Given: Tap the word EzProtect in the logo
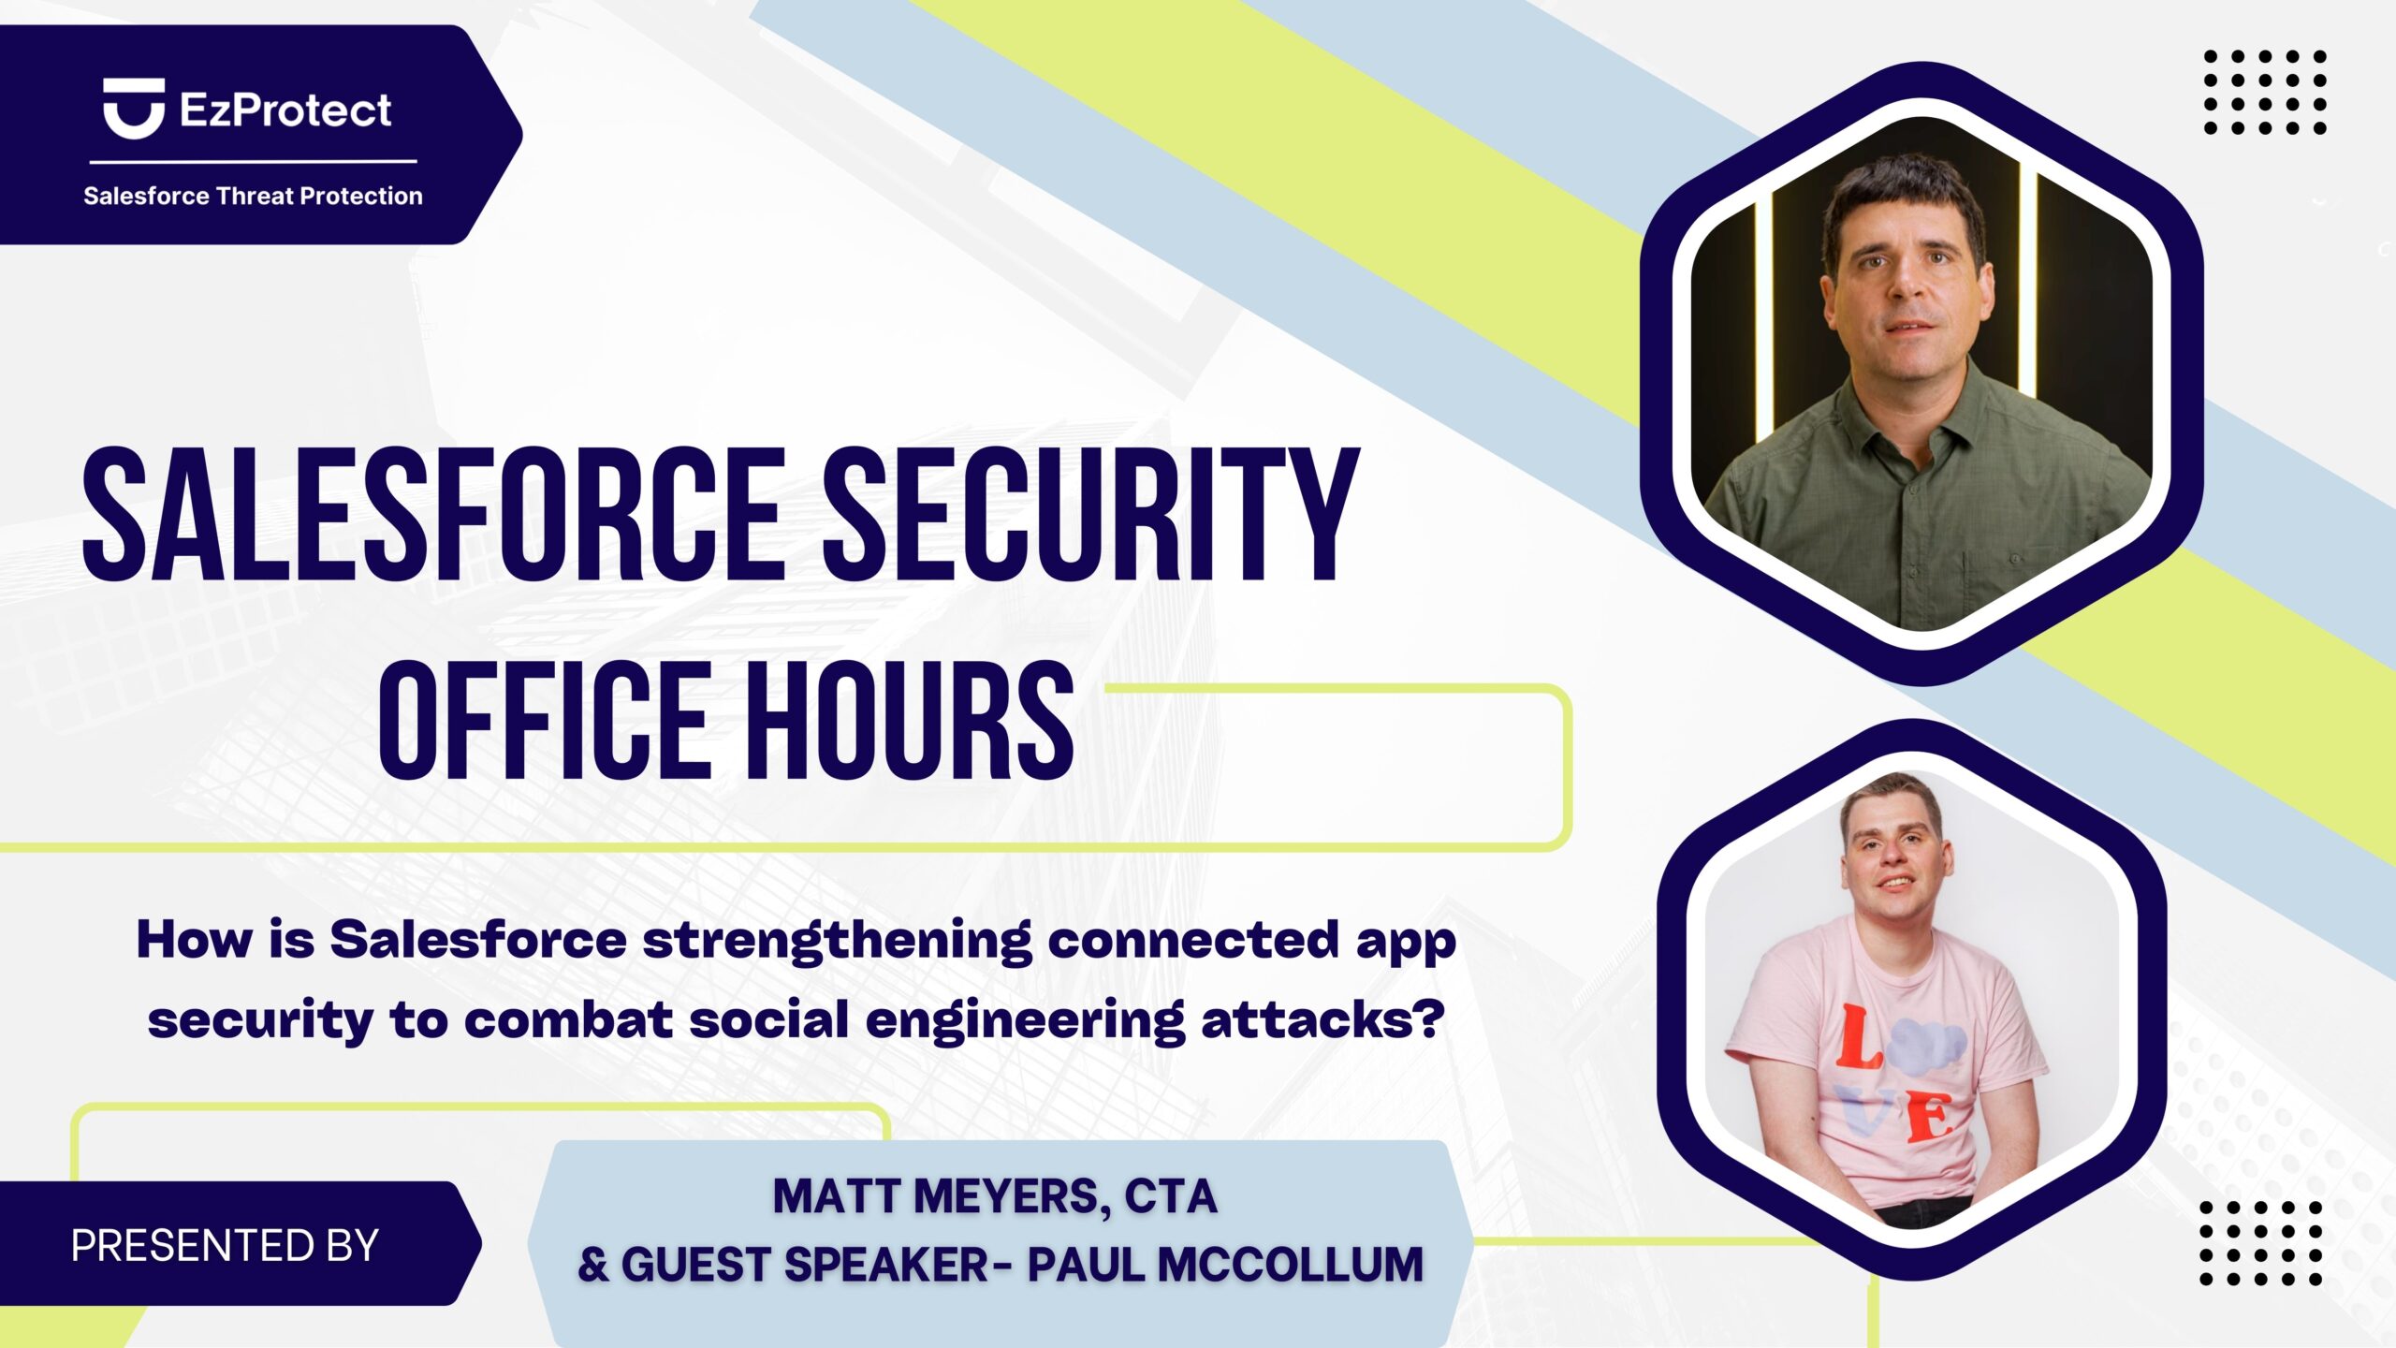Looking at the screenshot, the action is point(285,110).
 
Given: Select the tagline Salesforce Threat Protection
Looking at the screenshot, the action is point(253,196).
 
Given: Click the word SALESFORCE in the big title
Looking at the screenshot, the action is point(433,514).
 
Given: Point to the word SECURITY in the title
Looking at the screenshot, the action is point(1091,514).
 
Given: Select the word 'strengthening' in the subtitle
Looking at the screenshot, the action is point(837,942).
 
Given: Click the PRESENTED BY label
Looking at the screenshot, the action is point(225,1245).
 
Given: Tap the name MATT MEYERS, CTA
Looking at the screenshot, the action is point(995,1196).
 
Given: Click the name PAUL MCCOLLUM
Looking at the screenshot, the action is point(1225,1264).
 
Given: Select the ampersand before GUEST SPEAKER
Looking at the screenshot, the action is point(593,1265).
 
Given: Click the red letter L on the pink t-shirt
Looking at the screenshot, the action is point(1857,1036).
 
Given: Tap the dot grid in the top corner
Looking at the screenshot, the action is point(2265,92).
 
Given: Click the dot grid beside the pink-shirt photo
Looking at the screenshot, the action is point(2260,1243).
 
